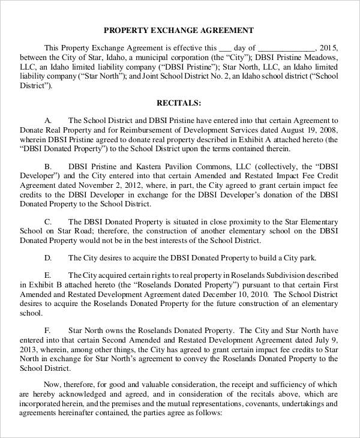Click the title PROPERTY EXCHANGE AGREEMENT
[179, 30]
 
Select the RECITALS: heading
[179, 103]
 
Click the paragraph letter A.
[49, 120]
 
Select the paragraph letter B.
[48, 165]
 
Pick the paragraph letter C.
[49, 219]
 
